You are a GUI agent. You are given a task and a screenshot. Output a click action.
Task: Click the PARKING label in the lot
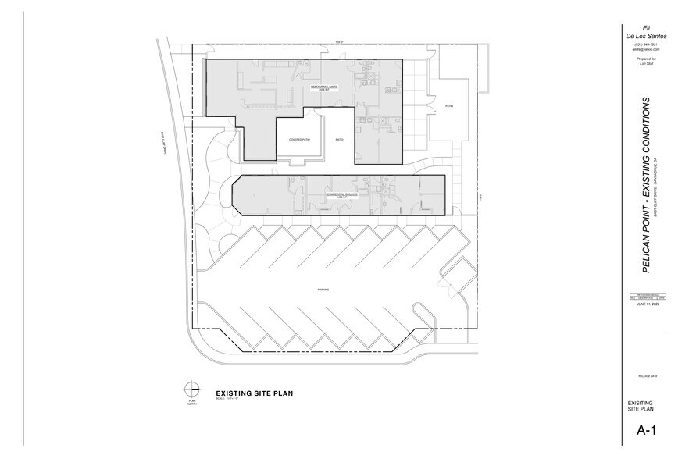(x=323, y=290)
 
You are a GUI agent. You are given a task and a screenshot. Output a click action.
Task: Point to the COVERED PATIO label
(x=289, y=140)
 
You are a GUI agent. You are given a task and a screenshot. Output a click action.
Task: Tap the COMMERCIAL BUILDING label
(x=341, y=194)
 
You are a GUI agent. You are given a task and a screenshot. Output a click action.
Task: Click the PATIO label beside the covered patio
(x=339, y=140)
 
